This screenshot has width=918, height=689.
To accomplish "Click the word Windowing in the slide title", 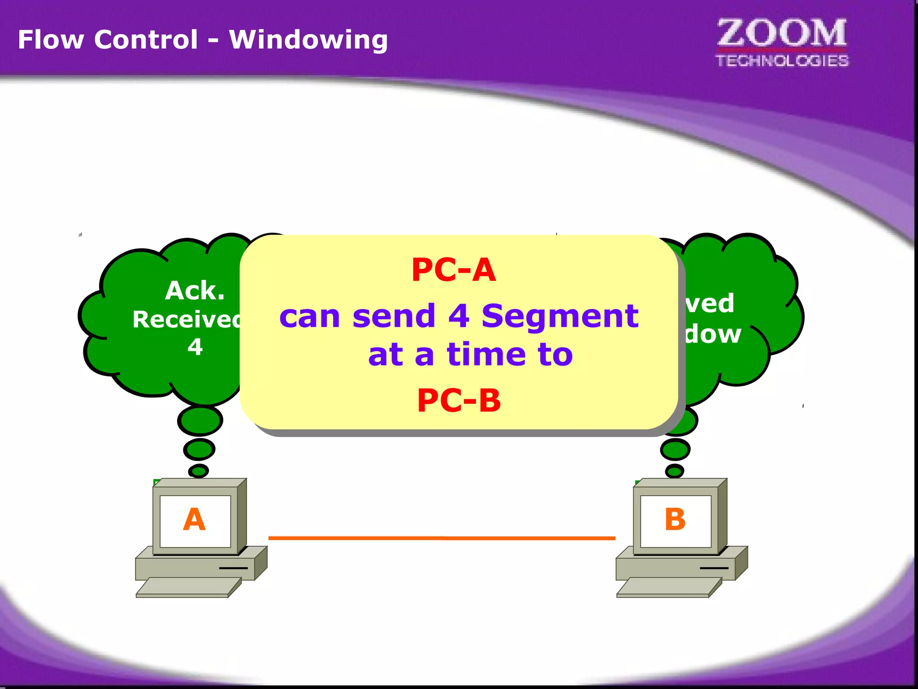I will tap(308, 40).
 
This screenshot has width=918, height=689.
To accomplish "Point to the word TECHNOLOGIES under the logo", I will tap(782, 61).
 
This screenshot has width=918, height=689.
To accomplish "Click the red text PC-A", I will tap(454, 270).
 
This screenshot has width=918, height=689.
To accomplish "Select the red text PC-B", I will tap(459, 400).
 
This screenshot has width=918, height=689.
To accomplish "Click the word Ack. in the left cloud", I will tap(195, 291).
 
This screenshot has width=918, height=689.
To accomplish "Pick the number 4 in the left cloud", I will tap(195, 347).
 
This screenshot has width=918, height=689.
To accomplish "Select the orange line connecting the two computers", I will tap(442, 537).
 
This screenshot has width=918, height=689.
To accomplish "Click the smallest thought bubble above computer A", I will tap(198, 471).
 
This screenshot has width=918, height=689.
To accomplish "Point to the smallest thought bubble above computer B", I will tap(674, 471).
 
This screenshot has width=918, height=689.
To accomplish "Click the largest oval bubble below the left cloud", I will tap(200, 421).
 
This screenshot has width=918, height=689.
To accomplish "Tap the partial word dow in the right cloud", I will tap(713, 334).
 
